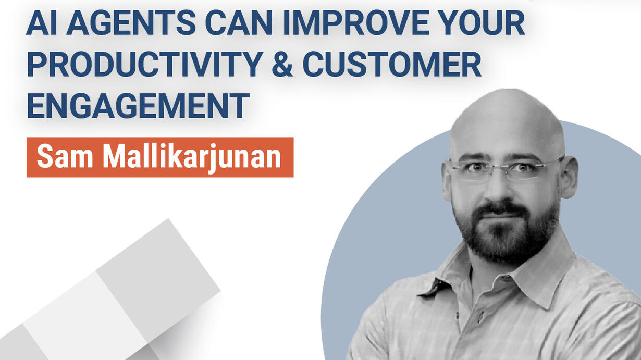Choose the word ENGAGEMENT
(x=138, y=106)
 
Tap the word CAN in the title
(x=239, y=22)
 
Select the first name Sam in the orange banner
(x=65, y=156)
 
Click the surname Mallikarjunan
(x=192, y=158)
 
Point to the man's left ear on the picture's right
(x=568, y=178)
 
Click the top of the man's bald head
(x=507, y=94)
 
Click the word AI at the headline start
(x=42, y=22)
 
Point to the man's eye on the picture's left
(x=476, y=167)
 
